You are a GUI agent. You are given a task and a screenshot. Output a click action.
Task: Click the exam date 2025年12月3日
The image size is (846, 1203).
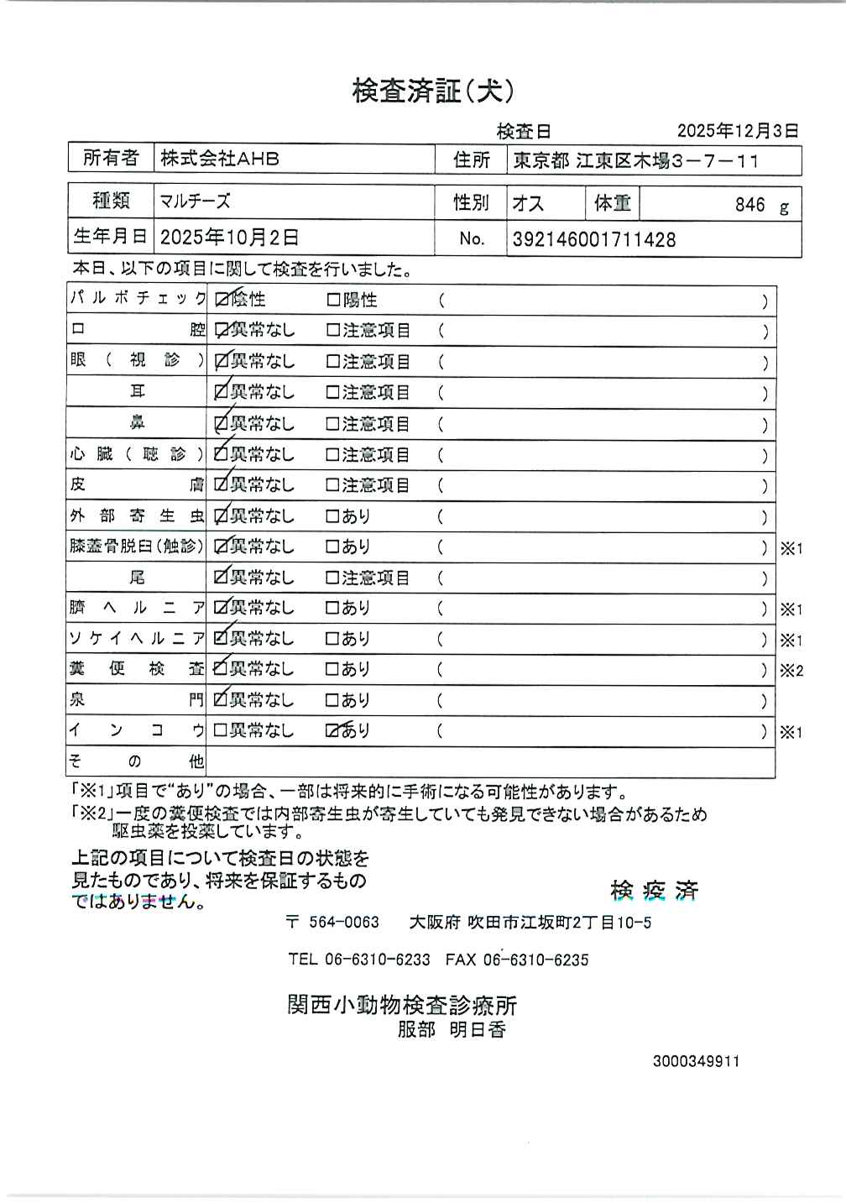tap(737, 131)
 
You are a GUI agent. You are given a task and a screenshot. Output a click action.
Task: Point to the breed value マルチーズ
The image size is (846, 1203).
tap(195, 201)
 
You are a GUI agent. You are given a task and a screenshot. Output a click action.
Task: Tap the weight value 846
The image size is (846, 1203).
tap(749, 205)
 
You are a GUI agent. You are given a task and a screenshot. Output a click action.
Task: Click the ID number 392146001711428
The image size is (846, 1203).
tap(593, 240)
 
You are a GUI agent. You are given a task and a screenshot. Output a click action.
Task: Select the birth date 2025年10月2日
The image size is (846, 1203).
tap(229, 238)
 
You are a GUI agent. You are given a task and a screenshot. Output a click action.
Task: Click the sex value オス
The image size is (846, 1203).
tap(528, 203)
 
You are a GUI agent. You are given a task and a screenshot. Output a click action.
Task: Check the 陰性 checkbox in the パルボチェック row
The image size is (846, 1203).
tap(222, 300)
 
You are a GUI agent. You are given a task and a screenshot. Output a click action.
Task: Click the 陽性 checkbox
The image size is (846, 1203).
tap(332, 300)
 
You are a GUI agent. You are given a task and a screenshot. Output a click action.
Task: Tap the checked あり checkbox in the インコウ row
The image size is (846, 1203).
tap(332, 730)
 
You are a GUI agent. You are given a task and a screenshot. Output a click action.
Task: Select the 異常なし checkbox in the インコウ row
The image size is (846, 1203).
tap(221, 730)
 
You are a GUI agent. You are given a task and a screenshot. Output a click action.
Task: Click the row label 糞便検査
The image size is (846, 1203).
tap(136, 669)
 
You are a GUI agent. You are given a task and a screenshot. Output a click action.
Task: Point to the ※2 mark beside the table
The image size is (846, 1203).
tap(791, 671)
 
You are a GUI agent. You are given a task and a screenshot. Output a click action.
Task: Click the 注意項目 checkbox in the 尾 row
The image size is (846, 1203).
tap(332, 578)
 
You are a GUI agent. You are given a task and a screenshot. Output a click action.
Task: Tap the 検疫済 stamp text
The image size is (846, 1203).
tap(655, 890)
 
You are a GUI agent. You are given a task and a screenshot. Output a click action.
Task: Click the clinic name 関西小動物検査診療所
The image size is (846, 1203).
tap(402, 1004)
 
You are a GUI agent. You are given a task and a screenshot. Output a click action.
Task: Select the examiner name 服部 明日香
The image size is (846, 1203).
tap(452, 1029)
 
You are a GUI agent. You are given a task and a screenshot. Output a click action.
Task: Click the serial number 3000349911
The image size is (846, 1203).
tap(696, 1061)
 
